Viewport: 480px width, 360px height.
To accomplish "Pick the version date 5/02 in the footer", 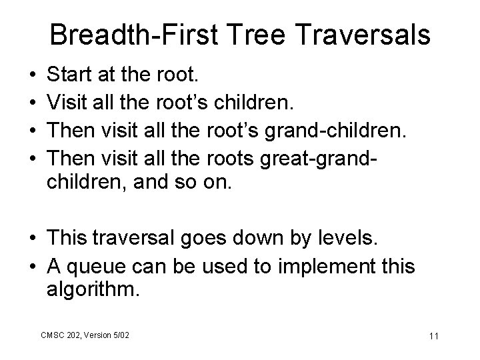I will tap(120, 334).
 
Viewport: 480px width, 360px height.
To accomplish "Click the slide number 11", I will tap(433, 336).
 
